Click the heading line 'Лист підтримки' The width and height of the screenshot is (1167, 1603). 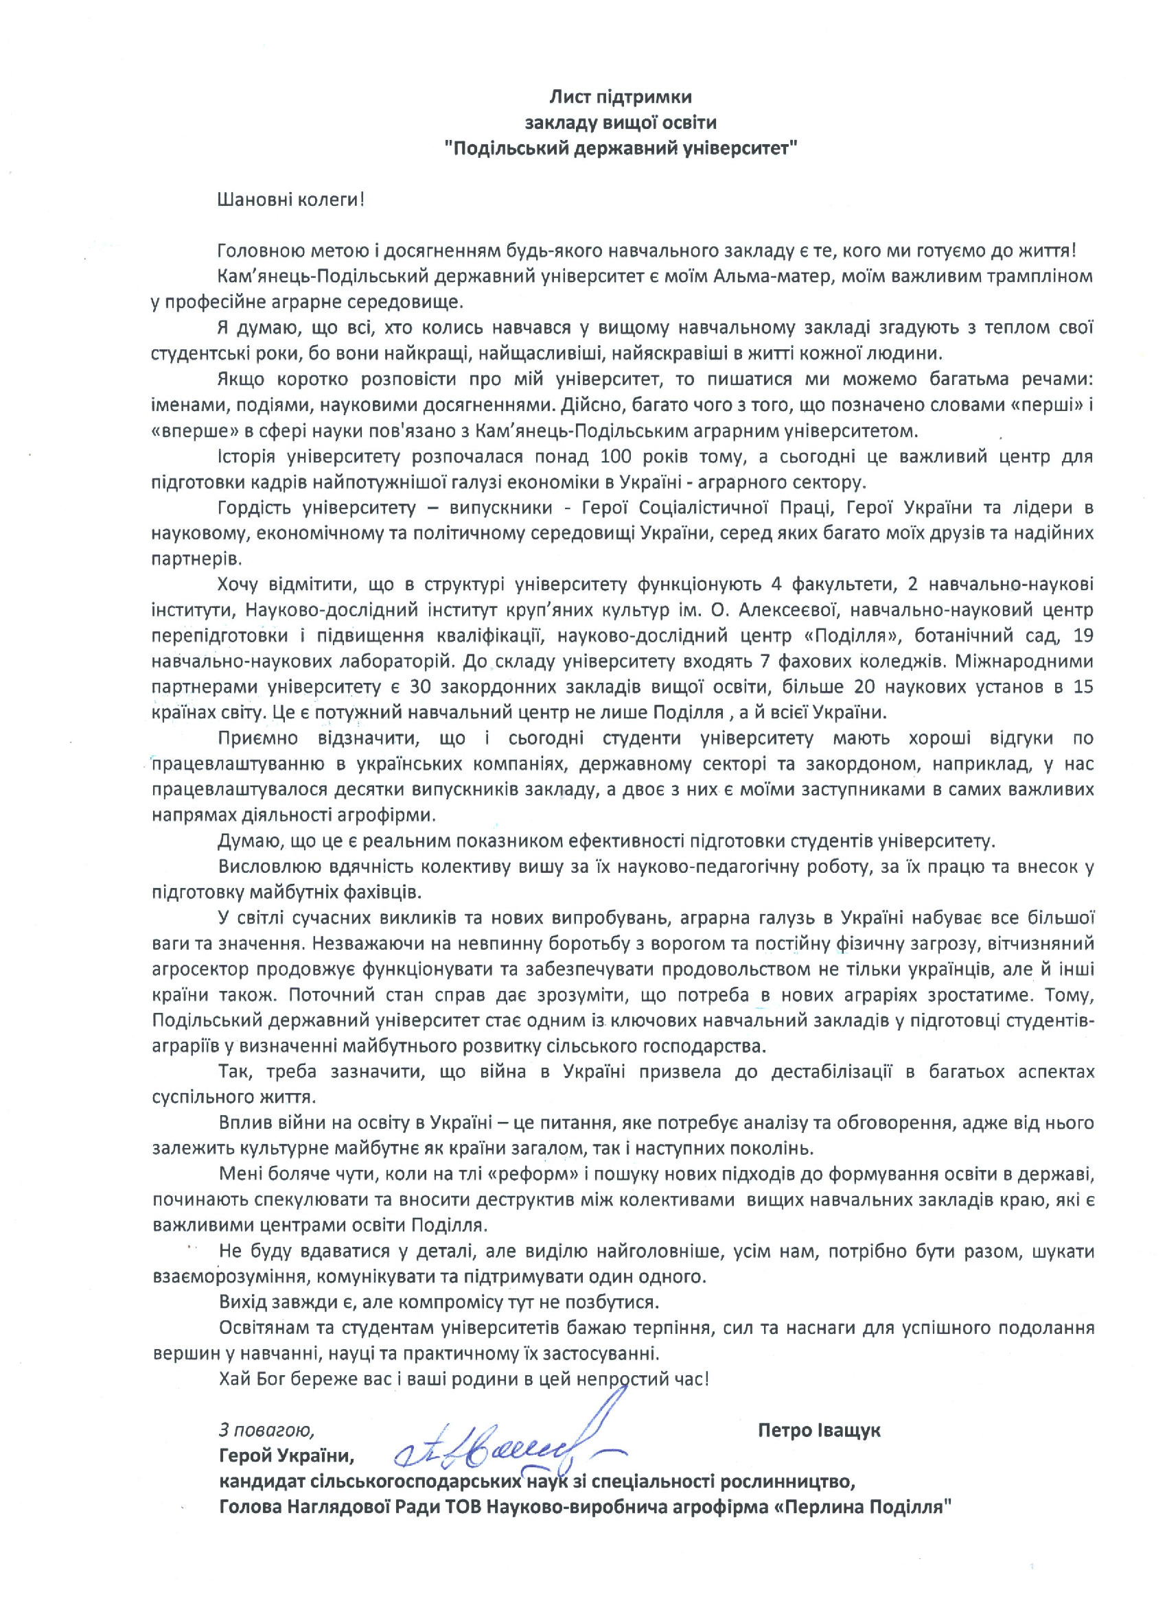[x=621, y=96]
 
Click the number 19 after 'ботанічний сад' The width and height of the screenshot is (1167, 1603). [x=1082, y=635]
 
